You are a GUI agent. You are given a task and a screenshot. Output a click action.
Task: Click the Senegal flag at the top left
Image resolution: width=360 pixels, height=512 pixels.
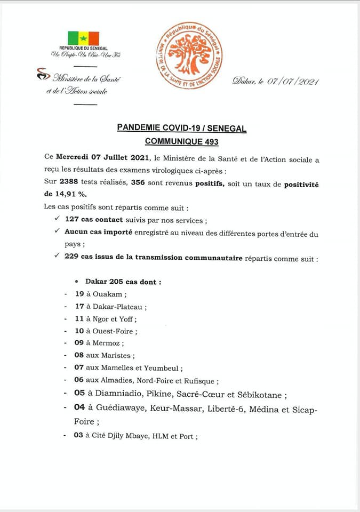coord(83,38)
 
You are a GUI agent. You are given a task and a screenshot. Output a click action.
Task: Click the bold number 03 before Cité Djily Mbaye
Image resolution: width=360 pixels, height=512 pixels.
coord(78,436)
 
